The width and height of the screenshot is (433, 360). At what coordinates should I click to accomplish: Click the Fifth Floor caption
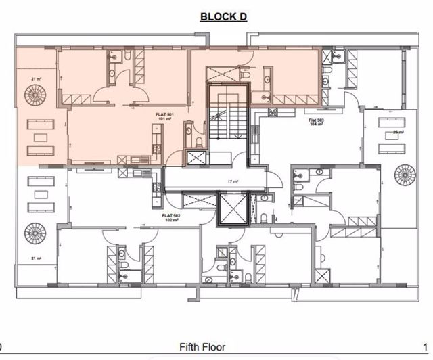coord(202,347)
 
